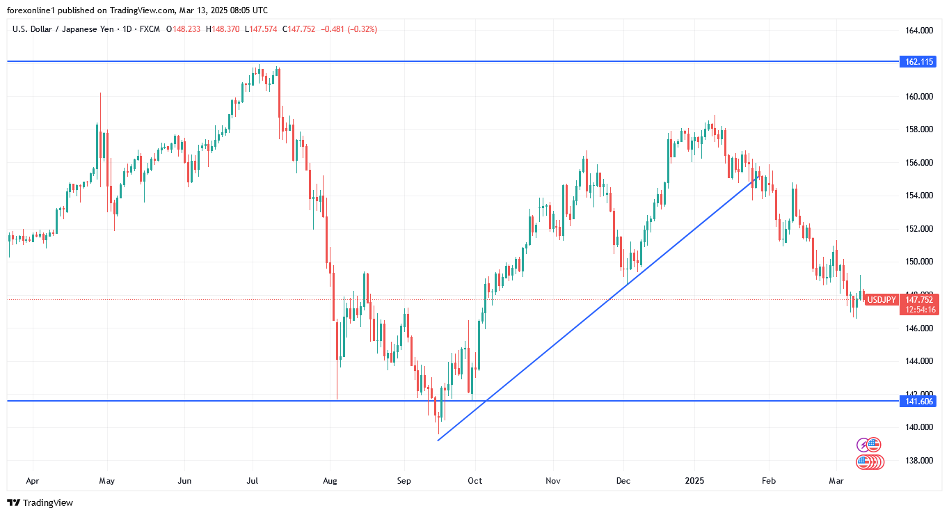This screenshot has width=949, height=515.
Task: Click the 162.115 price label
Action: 918,62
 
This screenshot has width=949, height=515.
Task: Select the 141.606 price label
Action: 918,402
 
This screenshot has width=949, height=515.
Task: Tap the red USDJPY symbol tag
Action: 882,299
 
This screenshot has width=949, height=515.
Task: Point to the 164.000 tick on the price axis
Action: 918,31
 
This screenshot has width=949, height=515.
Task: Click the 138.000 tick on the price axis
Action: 918,460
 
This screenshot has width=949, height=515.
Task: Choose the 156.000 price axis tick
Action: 918,162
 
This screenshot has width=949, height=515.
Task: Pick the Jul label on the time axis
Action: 253,481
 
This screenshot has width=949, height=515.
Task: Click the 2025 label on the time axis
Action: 694,481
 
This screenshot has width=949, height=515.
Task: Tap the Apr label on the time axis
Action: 32,481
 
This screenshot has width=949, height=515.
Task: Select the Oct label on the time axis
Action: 475,481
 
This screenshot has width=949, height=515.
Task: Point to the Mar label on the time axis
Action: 836,481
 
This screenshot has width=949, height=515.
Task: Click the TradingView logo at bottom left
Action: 40,502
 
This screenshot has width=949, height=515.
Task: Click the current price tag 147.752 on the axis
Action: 919,299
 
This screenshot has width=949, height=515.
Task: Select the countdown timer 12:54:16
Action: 919,310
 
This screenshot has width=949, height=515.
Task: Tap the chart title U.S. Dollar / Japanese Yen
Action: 63,29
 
